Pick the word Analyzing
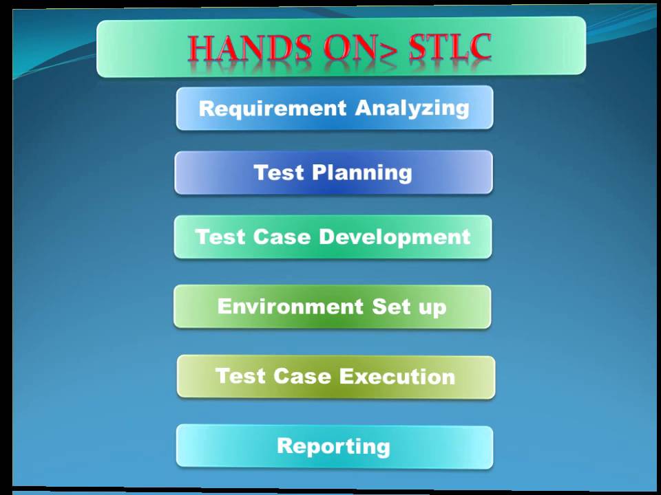point(412,108)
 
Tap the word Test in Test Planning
point(279,172)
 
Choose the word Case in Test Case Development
point(278,237)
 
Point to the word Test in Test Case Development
point(220,237)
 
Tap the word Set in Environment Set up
point(392,306)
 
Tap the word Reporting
point(333,447)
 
